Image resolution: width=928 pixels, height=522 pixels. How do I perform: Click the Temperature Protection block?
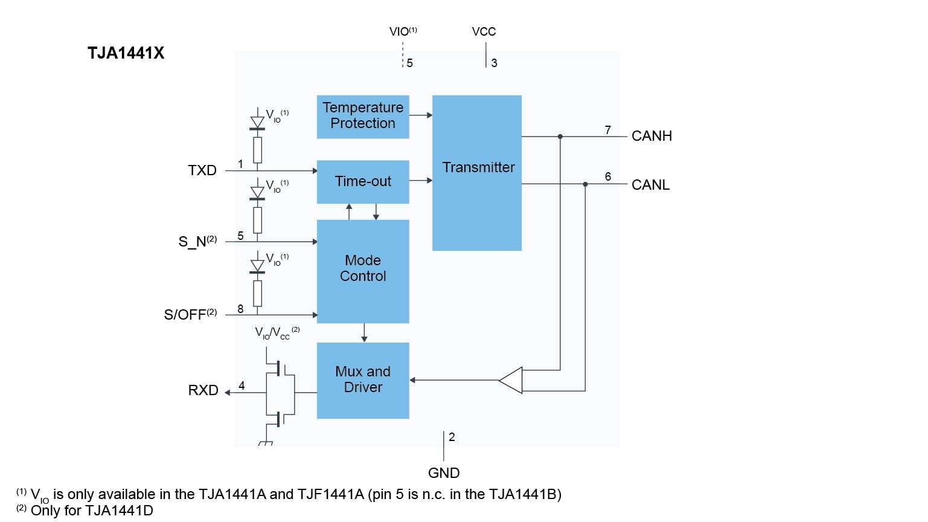click(363, 117)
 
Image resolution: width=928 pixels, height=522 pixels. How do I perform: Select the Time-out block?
click(363, 181)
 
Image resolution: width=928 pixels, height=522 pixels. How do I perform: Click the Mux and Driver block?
click(363, 380)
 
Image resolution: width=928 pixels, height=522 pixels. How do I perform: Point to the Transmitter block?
click(477, 172)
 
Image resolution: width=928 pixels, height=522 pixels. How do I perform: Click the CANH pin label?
click(651, 136)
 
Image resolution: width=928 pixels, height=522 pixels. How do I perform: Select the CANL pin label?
click(650, 185)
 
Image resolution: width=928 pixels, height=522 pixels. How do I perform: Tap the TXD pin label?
click(202, 170)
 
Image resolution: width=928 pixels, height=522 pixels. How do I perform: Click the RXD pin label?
click(203, 390)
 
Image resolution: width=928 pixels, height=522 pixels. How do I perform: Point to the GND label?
click(444, 473)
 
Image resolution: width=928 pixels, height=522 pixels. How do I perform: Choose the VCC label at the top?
click(484, 31)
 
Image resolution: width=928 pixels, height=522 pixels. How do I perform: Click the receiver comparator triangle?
click(511, 380)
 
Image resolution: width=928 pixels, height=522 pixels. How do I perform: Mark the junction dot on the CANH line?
click(560, 137)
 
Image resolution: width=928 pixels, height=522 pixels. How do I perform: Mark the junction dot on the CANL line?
click(585, 184)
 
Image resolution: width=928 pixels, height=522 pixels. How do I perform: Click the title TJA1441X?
click(126, 53)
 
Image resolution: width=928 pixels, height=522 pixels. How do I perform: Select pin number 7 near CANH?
click(608, 130)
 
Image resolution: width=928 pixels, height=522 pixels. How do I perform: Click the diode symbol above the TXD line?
click(258, 123)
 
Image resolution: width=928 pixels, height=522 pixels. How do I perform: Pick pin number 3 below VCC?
click(494, 63)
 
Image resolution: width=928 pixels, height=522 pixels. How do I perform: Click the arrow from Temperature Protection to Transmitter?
click(421, 115)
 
